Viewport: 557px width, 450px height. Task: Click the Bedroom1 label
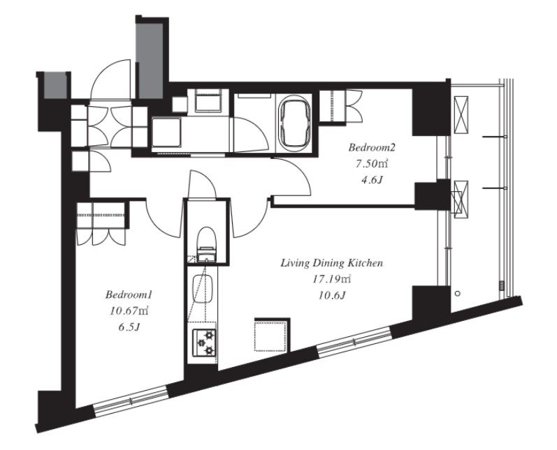129,294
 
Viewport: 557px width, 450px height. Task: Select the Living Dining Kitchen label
332,263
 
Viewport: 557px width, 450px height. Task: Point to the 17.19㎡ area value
332,280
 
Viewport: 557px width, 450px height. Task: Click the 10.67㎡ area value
129,311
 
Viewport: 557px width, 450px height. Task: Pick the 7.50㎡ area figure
372,163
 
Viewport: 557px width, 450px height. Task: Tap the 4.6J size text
372,180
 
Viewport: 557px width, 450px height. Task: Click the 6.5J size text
129,327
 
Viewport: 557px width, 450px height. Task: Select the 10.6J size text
332,295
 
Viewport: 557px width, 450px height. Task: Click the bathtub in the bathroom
294,121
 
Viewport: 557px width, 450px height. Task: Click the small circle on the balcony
458,293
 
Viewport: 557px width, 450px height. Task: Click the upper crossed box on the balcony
461,114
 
